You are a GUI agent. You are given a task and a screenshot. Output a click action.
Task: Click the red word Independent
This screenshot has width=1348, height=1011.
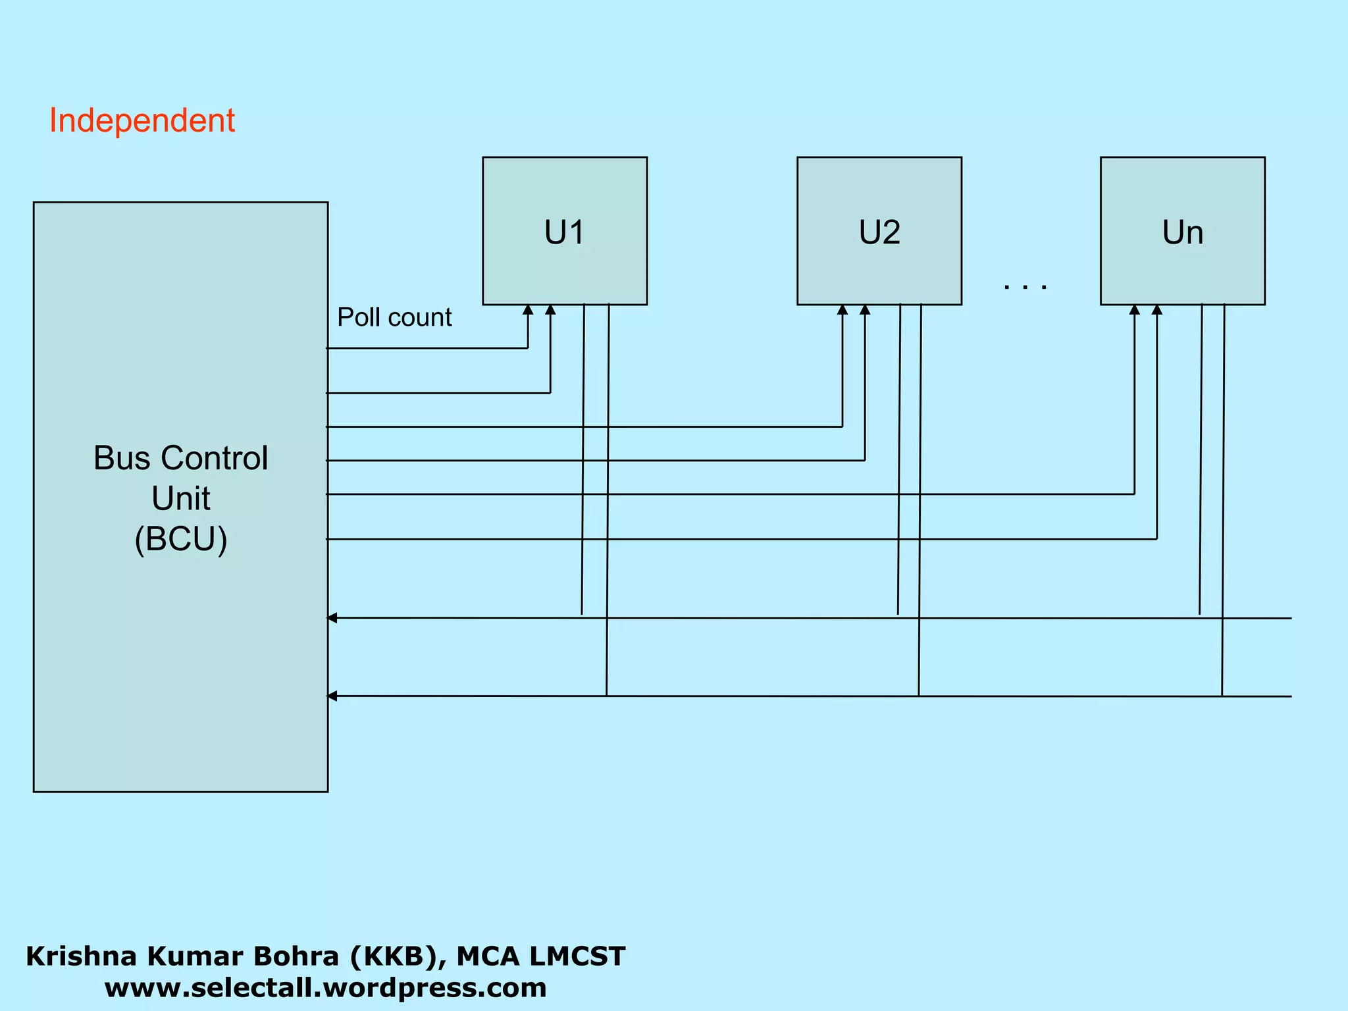click(x=142, y=121)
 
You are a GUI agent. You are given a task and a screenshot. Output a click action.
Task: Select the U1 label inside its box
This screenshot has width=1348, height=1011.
click(x=564, y=232)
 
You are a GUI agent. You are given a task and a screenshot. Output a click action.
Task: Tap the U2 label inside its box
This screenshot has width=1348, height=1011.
click(x=879, y=232)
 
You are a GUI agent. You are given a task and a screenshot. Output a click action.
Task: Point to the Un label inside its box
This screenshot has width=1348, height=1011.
click(x=1182, y=232)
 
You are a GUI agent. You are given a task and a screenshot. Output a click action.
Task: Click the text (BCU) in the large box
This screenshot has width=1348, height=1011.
click(x=181, y=539)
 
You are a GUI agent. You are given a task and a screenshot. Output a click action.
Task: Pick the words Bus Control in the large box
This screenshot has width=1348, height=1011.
click(x=181, y=458)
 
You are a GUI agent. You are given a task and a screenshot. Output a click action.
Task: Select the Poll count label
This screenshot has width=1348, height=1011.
click(x=394, y=317)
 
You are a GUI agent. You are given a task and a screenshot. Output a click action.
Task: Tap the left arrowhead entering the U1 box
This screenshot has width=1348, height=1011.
click(x=528, y=310)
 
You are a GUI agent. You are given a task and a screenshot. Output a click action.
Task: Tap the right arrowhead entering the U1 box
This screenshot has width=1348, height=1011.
click(x=550, y=310)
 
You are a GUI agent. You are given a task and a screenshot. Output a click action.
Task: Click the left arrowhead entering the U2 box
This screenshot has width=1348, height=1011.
click(x=842, y=310)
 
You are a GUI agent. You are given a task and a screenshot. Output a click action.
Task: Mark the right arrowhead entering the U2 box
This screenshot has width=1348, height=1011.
click(x=865, y=310)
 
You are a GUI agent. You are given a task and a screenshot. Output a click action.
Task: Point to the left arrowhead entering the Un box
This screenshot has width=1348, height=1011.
click(x=1134, y=310)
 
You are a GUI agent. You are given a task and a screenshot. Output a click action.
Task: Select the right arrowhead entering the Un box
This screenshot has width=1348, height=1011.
click(x=1157, y=310)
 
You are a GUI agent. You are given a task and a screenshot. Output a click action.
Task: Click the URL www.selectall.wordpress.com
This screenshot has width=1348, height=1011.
click(x=325, y=988)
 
